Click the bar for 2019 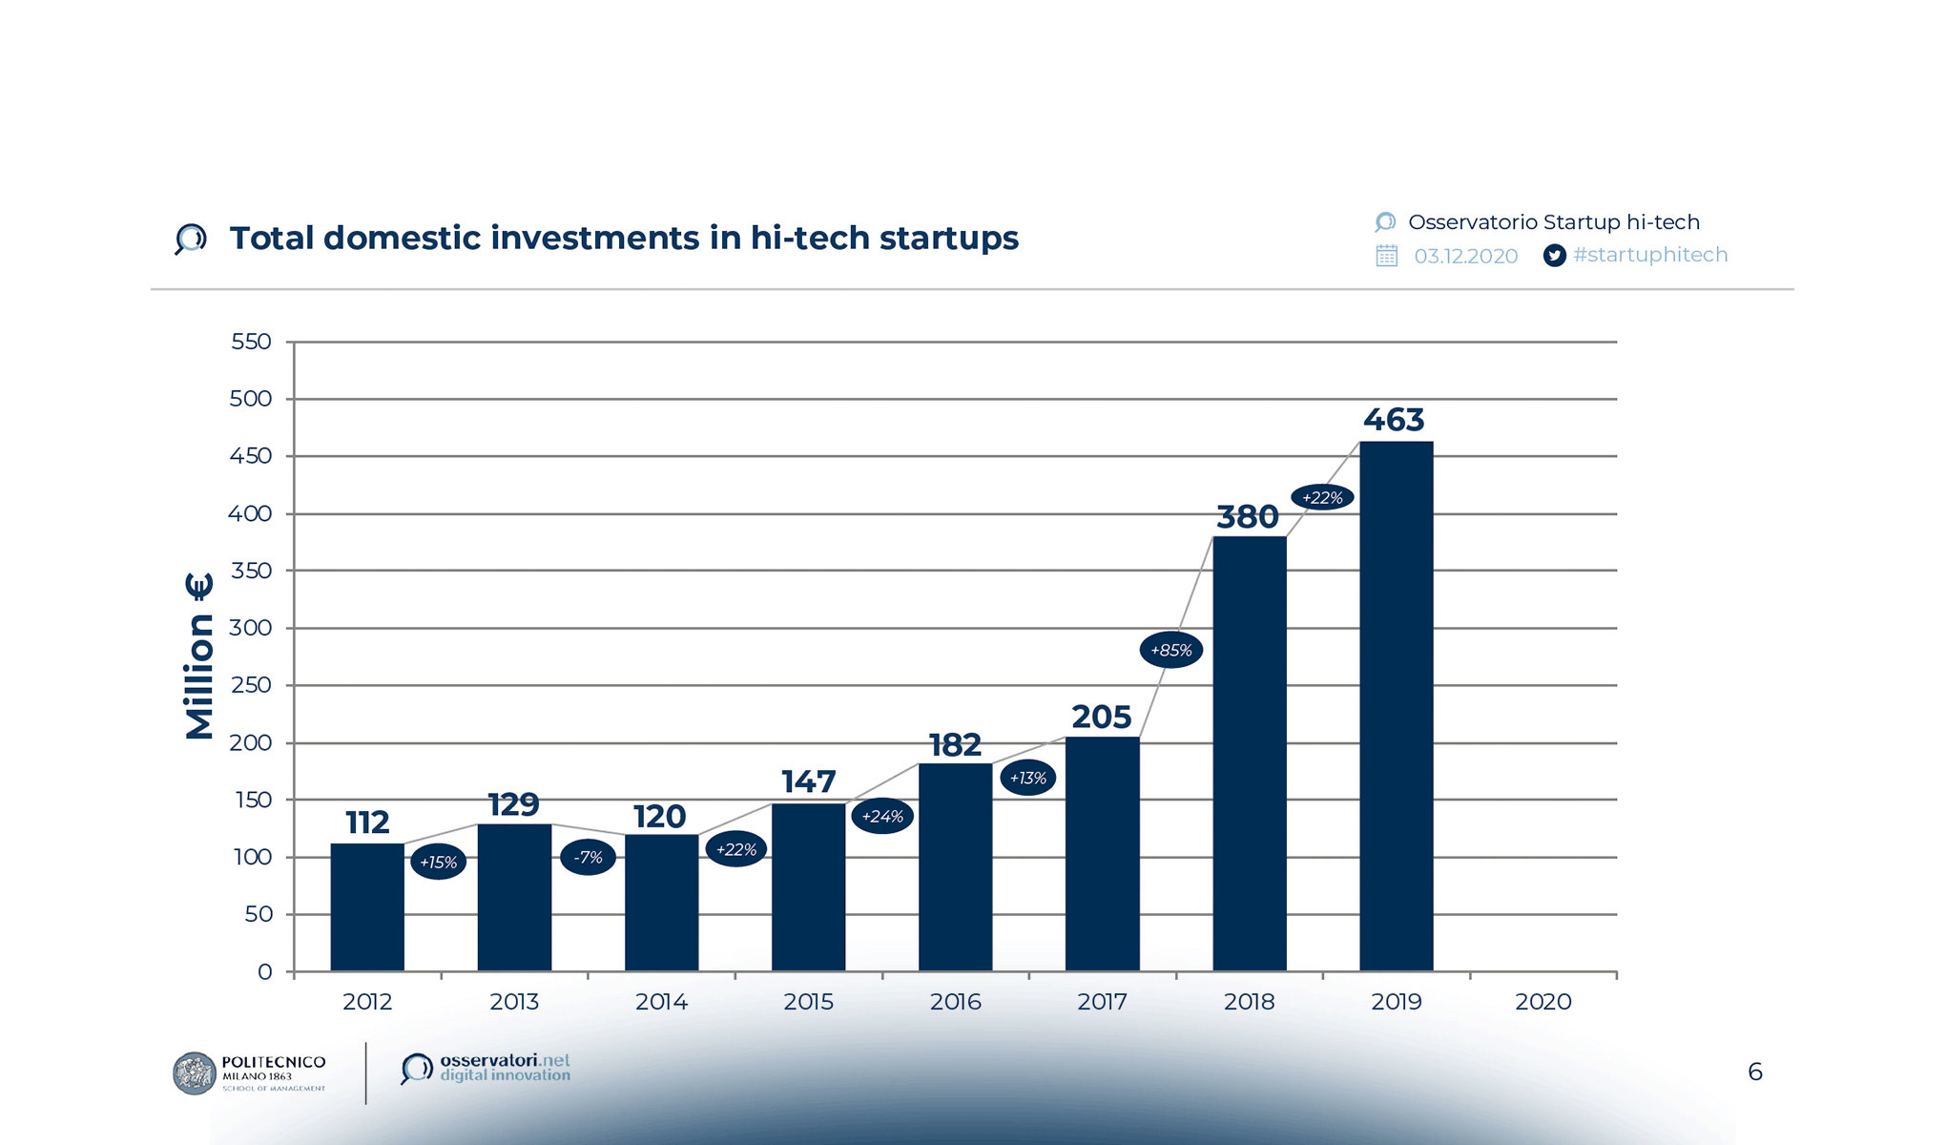1396,706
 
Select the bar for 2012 367,906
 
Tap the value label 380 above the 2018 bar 1247,517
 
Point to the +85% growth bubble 1170,651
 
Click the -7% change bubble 588,858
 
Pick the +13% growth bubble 1027,779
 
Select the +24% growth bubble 881,817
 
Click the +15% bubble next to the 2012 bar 438,863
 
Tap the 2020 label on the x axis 1542,1002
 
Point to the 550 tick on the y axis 251,342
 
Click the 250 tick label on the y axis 251,685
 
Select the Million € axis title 198,656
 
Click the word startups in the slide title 948,239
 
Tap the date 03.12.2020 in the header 1465,257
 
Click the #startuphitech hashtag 1650,255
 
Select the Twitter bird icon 1554,256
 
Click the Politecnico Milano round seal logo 195,1073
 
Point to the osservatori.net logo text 504,1068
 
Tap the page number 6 1754,1072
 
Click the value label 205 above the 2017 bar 1101,718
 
